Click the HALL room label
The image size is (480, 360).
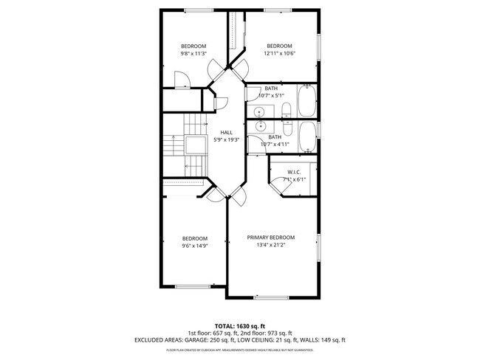[x=227, y=132]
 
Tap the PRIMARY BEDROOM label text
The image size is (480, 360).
[x=270, y=238]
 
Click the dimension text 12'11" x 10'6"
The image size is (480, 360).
[x=280, y=53]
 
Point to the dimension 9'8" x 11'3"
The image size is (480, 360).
[x=193, y=53]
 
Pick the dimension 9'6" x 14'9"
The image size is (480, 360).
[x=194, y=246]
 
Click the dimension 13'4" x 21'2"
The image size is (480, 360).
[x=270, y=246]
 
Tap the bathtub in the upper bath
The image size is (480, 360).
[x=307, y=102]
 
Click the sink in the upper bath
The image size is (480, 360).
[x=259, y=111]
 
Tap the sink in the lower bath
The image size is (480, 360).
[x=259, y=126]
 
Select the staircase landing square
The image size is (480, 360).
[x=196, y=144]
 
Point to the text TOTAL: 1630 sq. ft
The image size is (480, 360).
[x=239, y=325]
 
